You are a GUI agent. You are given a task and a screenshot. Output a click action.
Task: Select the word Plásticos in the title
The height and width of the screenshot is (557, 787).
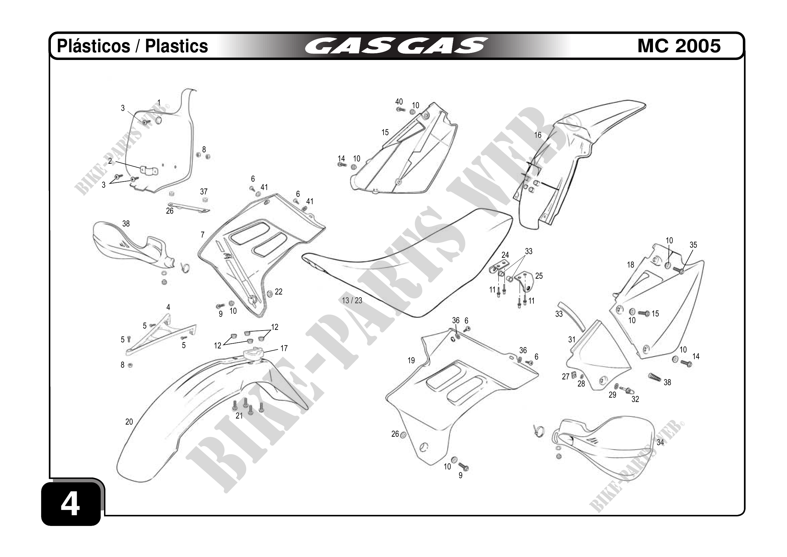(93, 46)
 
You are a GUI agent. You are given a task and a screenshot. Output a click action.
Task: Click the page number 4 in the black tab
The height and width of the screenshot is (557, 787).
(70, 504)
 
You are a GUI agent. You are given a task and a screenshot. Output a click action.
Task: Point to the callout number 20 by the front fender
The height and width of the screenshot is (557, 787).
(129, 422)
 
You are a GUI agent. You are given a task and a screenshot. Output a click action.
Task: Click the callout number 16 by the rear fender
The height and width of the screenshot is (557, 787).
(537, 135)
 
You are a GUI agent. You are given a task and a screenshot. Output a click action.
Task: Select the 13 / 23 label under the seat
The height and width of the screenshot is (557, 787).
(352, 301)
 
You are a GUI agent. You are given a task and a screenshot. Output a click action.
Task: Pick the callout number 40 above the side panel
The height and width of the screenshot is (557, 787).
(399, 101)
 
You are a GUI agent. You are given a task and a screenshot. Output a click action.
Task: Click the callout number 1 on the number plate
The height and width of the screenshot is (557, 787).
(159, 102)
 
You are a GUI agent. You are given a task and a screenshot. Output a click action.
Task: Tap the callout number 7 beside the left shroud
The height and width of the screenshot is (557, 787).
(203, 235)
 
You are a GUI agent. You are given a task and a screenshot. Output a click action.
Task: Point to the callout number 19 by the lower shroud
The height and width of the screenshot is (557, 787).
(411, 360)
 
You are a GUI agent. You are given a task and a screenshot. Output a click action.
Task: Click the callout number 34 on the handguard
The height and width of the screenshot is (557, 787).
(660, 442)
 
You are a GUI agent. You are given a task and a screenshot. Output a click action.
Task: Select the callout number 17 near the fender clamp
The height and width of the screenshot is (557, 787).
(284, 348)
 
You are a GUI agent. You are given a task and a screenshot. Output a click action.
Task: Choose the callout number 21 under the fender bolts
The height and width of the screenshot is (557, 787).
(239, 416)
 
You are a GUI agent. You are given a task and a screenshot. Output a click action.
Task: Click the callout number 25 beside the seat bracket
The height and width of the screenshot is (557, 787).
(539, 276)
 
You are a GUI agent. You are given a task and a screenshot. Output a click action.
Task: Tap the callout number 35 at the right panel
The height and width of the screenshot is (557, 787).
(693, 245)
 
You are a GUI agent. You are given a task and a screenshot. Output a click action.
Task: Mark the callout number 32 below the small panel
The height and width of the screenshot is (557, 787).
(635, 399)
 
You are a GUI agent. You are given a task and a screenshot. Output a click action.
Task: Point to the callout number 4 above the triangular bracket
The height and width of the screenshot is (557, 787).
(168, 307)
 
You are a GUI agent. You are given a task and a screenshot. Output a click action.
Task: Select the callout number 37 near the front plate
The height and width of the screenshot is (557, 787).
(204, 191)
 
